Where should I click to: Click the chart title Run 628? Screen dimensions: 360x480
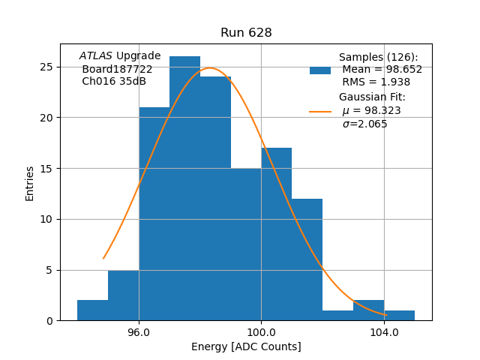pyautogui.click(x=246, y=33)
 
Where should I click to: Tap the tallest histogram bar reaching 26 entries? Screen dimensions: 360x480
pyautogui.click(x=184, y=187)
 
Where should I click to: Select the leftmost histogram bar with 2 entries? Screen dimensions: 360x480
pyautogui.click(x=92, y=310)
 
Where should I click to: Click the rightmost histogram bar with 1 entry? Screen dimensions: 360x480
pyautogui.click(x=399, y=316)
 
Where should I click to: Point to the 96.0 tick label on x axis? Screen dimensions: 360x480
pyautogui.click(x=139, y=331)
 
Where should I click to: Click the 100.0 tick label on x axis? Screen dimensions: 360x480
pyautogui.click(x=261, y=331)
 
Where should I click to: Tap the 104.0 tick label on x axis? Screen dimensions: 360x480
pyautogui.click(x=384, y=331)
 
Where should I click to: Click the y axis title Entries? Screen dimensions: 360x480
pyautogui.click(x=30, y=183)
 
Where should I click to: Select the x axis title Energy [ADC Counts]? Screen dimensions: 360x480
pyautogui.click(x=246, y=346)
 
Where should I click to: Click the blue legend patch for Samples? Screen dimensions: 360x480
pyautogui.click(x=320, y=70)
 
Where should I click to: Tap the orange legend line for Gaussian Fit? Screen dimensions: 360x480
pyautogui.click(x=320, y=112)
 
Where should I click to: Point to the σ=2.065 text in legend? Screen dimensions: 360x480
pyautogui.click(x=364, y=124)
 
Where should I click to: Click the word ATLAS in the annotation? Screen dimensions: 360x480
pyautogui.click(x=95, y=55)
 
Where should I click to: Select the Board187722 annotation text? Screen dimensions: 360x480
pyautogui.click(x=117, y=69)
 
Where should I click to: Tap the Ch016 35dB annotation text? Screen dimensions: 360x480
pyautogui.click(x=114, y=81)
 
